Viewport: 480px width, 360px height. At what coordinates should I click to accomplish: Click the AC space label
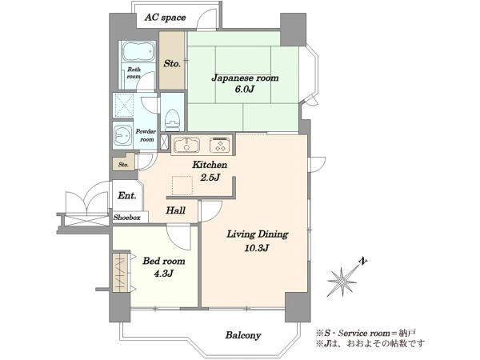click(x=165, y=18)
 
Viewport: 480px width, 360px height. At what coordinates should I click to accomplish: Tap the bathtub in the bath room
click(x=138, y=51)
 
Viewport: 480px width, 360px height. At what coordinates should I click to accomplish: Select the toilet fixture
click(x=172, y=118)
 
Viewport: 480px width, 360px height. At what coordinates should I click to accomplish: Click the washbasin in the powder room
click(x=122, y=135)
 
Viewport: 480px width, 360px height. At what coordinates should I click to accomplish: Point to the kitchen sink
click(x=186, y=145)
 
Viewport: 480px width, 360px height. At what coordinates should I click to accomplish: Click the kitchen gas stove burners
click(x=220, y=144)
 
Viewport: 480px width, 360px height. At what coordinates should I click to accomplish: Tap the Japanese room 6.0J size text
click(x=245, y=90)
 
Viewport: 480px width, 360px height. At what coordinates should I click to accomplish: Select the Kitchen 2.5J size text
click(x=210, y=177)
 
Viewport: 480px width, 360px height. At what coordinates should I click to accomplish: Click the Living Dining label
click(x=257, y=234)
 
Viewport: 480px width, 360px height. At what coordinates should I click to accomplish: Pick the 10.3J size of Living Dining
click(x=257, y=248)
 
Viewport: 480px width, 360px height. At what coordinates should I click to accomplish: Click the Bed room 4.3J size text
click(x=164, y=273)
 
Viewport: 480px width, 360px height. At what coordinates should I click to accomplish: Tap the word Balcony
click(x=243, y=335)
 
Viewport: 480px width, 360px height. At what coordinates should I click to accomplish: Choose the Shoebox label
click(x=126, y=218)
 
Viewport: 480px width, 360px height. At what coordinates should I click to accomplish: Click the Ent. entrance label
click(x=126, y=195)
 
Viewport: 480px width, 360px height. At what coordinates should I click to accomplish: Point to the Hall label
click(x=176, y=210)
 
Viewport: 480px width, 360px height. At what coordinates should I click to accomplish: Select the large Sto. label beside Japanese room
click(x=172, y=64)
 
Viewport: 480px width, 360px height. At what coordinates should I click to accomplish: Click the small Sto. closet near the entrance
click(x=124, y=162)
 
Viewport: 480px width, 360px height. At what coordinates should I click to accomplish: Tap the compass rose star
click(x=342, y=281)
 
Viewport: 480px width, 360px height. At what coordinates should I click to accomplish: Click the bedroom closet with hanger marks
click(x=122, y=273)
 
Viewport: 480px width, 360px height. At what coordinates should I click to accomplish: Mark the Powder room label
click(x=146, y=135)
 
